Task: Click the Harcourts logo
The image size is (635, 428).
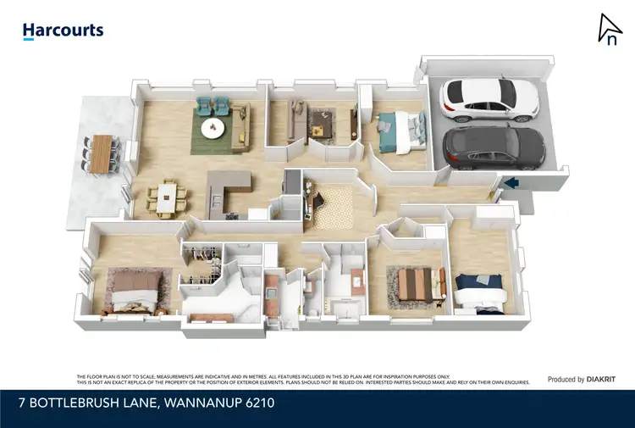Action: pyautogui.click(x=63, y=31)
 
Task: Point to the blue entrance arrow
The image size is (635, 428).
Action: pyautogui.click(x=511, y=181)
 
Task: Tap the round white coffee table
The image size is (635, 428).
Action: pyautogui.click(x=213, y=129)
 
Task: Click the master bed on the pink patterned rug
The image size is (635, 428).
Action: pyautogui.click(x=131, y=289)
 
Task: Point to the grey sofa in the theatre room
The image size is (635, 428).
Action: pyautogui.click(x=297, y=118)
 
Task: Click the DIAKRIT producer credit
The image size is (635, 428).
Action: pyautogui.click(x=602, y=380)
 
